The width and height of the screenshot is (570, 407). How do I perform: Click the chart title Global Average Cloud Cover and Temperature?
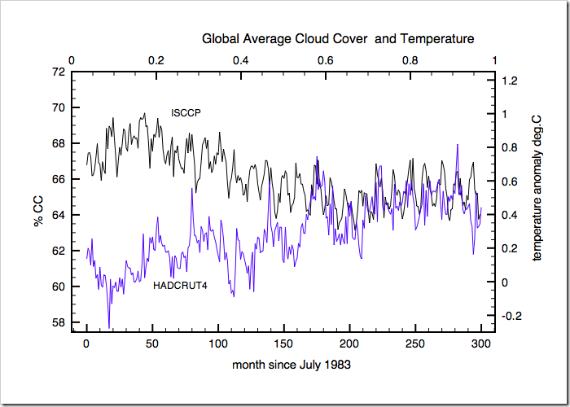[x=338, y=38]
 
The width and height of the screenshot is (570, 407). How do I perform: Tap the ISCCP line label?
[x=186, y=112]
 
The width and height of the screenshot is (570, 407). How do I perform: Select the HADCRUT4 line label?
[x=180, y=286]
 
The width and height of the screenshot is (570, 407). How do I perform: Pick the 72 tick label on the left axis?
[x=59, y=72]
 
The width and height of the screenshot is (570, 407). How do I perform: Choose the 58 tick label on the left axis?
[x=59, y=322]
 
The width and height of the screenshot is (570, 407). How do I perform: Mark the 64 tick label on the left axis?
[x=59, y=215]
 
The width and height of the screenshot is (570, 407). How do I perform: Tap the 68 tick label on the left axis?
[x=59, y=143]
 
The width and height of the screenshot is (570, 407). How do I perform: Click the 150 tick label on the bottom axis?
[x=283, y=344]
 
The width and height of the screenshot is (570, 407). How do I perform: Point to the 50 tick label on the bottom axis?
[x=151, y=344]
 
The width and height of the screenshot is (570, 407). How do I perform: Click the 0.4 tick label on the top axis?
[x=241, y=59]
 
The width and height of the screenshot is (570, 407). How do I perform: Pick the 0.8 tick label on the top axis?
[x=410, y=59]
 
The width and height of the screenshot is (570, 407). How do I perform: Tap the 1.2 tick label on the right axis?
[x=511, y=81]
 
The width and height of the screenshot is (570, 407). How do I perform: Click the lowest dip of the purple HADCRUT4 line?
[x=109, y=327]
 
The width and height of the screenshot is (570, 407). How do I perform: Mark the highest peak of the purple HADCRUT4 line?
[x=458, y=145]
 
